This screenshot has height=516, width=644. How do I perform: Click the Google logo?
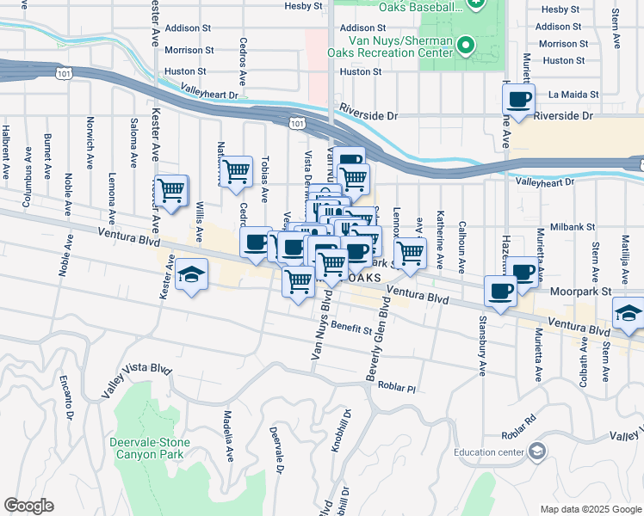(28, 506)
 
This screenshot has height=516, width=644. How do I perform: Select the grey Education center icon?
(537, 451)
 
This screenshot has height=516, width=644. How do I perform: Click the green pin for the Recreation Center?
(466, 45)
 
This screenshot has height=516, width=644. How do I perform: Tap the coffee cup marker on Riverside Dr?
(519, 100)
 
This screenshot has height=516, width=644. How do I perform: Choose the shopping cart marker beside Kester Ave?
(171, 190)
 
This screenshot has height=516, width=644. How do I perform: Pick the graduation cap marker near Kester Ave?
(191, 276)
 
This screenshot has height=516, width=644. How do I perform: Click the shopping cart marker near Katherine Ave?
(410, 253)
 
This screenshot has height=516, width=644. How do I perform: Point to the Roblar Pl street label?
(396, 389)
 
